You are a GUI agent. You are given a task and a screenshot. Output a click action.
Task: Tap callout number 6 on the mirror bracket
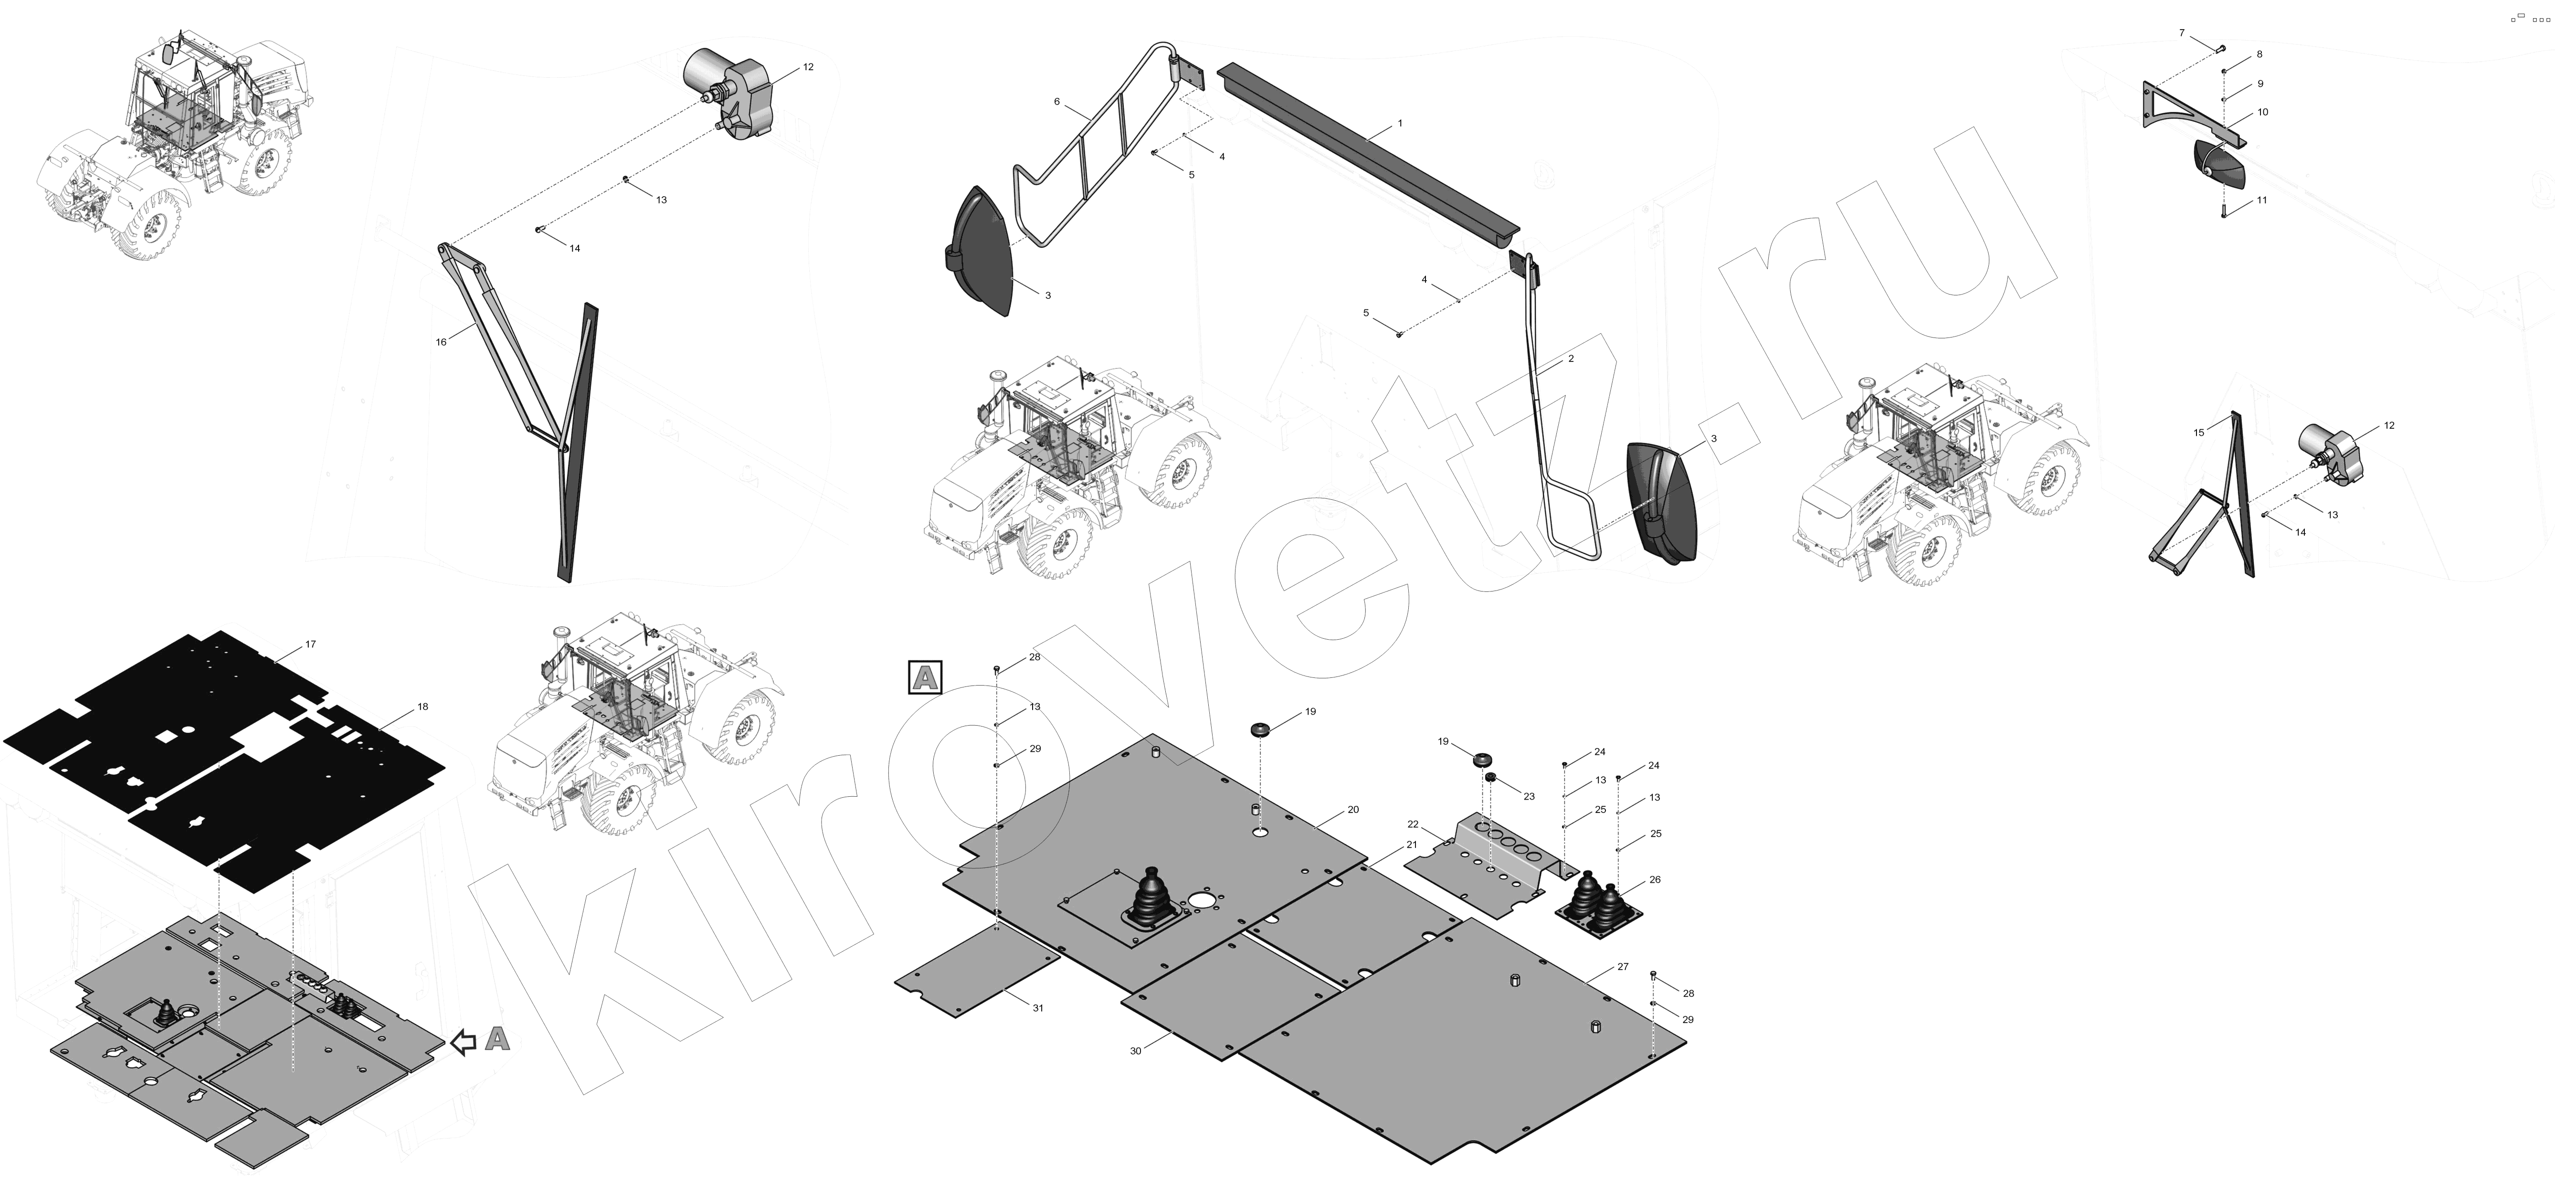1057,102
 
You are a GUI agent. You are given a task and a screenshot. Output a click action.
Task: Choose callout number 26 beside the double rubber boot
1655,880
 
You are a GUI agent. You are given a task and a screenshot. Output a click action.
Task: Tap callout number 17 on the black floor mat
310,644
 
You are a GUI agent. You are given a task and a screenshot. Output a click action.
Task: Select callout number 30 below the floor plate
1136,1050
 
